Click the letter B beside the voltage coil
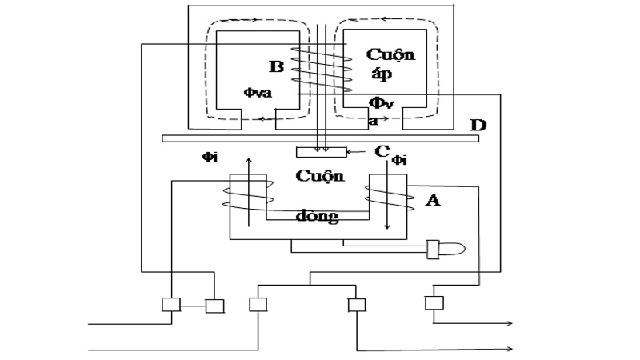pyautogui.click(x=277, y=66)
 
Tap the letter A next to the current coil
pyautogui.click(x=433, y=202)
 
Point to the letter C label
pyautogui.click(x=382, y=151)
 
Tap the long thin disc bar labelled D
pyautogui.click(x=320, y=138)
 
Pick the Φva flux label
pyautogui.click(x=258, y=93)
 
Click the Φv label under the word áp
pyautogui.click(x=380, y=102)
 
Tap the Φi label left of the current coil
pyautogui.click(x=210, y=157)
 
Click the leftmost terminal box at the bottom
pyautogui.click(x=171, y=305)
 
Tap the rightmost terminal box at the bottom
pyautogui.click(x=434, y=304)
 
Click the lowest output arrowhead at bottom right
pyautogui.click(x=509, y=350)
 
